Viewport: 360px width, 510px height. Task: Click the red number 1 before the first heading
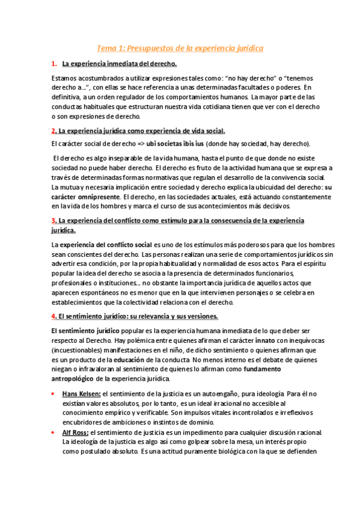coord(53,64)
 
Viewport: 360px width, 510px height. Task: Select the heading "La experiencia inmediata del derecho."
coord(119,64)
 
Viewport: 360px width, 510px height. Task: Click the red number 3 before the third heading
coord(53,221)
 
